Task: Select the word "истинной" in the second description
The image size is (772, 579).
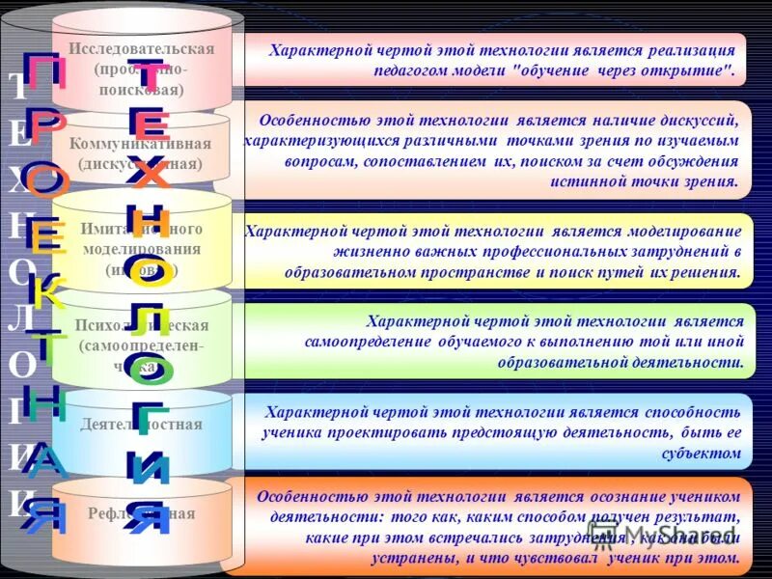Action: [x=587, y=180]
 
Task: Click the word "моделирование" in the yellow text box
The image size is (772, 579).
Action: [x=682, y=232]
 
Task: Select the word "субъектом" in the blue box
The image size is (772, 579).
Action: [x=702, y=452]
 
